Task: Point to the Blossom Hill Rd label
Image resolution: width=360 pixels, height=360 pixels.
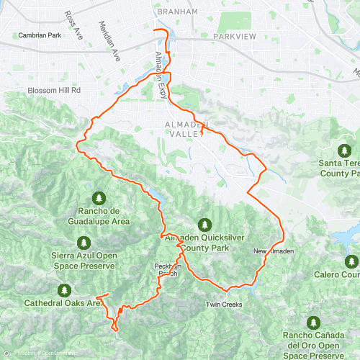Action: click(54, 90)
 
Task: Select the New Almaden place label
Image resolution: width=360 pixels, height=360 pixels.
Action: click(274, 251)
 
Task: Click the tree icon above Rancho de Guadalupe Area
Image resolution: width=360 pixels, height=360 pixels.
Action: click(99, 198)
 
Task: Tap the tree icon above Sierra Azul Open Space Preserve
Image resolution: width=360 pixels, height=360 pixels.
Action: click(84, 243)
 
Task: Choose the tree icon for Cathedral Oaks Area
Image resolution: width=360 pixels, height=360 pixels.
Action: click(64, 290)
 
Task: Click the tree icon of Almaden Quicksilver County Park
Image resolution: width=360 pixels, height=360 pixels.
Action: click(205, 225)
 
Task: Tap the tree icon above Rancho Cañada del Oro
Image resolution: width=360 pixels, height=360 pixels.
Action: click(313, 322)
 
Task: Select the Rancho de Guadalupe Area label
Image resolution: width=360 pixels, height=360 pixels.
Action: click(99, 217)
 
